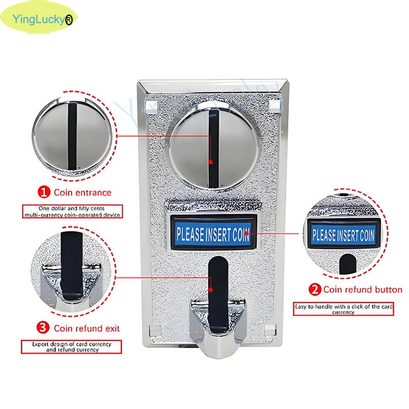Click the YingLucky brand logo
(38, 20)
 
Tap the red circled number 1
(44, 193)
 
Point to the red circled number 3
(44, 328)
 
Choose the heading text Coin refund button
(362, 290)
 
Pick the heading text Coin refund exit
(87, 328)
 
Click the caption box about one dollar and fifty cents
(72, 212)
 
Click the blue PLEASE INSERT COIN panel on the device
(212, 234)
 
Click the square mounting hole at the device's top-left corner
(149, 106)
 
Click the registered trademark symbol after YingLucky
(69, 20)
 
